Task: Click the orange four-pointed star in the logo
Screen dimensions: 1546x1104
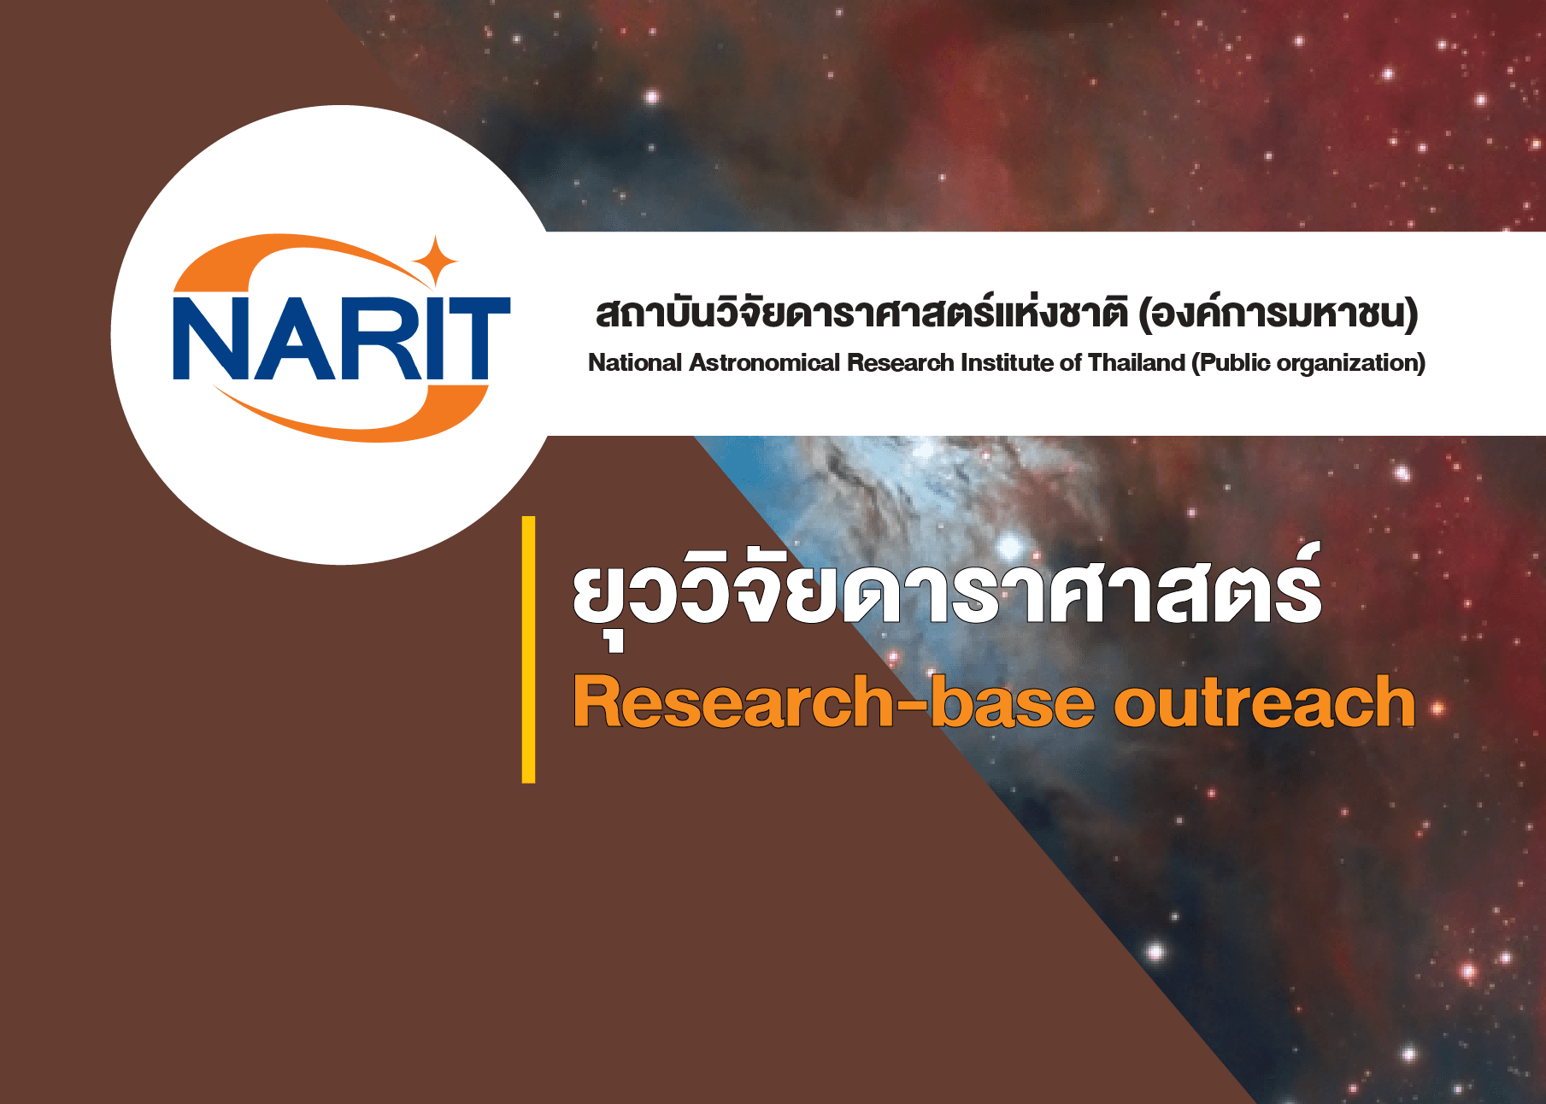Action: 435,260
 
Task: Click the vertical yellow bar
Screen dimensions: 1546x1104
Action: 529,649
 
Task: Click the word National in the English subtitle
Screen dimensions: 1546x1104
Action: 635,363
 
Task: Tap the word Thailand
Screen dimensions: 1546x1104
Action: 1136,363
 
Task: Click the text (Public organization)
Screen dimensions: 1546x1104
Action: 1308,364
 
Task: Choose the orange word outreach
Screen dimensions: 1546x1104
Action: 1264,702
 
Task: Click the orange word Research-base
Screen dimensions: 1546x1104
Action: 833,702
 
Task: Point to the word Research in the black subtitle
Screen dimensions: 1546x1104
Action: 900,363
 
